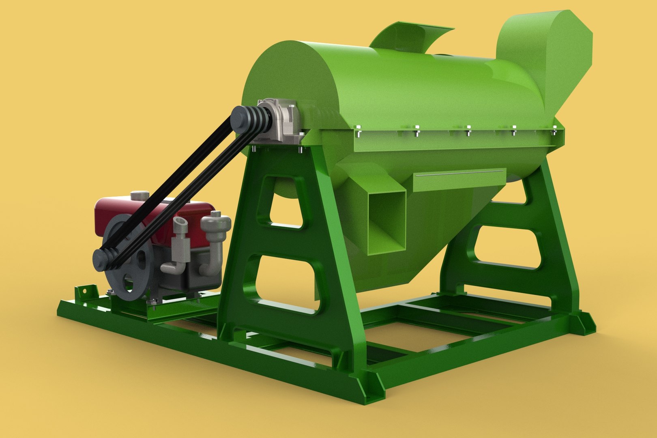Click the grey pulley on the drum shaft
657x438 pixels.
248,118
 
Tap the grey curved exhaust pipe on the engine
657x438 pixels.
215,243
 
